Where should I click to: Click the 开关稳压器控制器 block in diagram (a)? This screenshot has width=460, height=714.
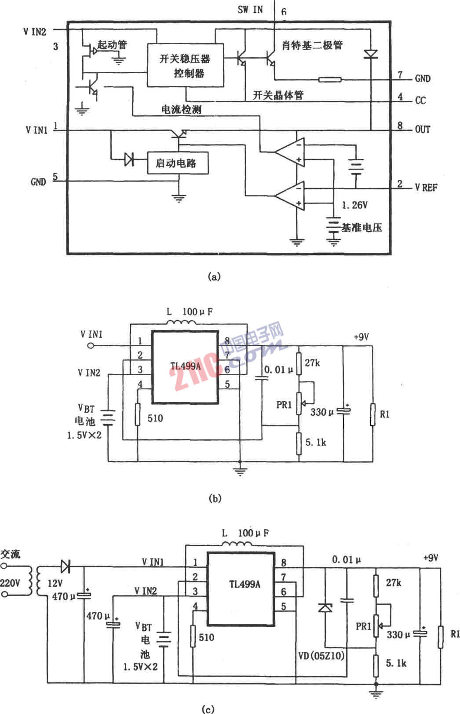click(x=185, y=65)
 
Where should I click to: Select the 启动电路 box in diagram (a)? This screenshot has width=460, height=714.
click(x=178, y=163)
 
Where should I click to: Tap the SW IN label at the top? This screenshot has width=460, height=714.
click(x=250, y=9)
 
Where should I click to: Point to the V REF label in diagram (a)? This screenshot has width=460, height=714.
click(x=426, y=188)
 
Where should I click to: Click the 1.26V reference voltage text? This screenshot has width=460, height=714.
click(x=354, y=205)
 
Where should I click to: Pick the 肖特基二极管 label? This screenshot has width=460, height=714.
click(x=312, y=45)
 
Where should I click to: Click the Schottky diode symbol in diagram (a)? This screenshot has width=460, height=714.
click(x=371, y=55)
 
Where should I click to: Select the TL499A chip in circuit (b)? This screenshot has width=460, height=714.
click(x=185, y=367)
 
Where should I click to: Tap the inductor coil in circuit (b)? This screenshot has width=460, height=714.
click(x=182, y=324)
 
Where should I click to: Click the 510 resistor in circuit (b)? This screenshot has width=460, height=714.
click(x=138, y=414)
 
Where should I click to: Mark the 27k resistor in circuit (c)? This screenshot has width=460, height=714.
click(x=376, y=585)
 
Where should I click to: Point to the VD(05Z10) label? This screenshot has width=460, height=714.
click(x=321, y=656)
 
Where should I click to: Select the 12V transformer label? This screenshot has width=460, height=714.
click(x=55, y=583)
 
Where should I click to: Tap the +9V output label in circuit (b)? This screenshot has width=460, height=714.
click(x=361, y=337)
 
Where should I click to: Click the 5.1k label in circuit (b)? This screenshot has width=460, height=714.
click(x=316, y=442)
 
